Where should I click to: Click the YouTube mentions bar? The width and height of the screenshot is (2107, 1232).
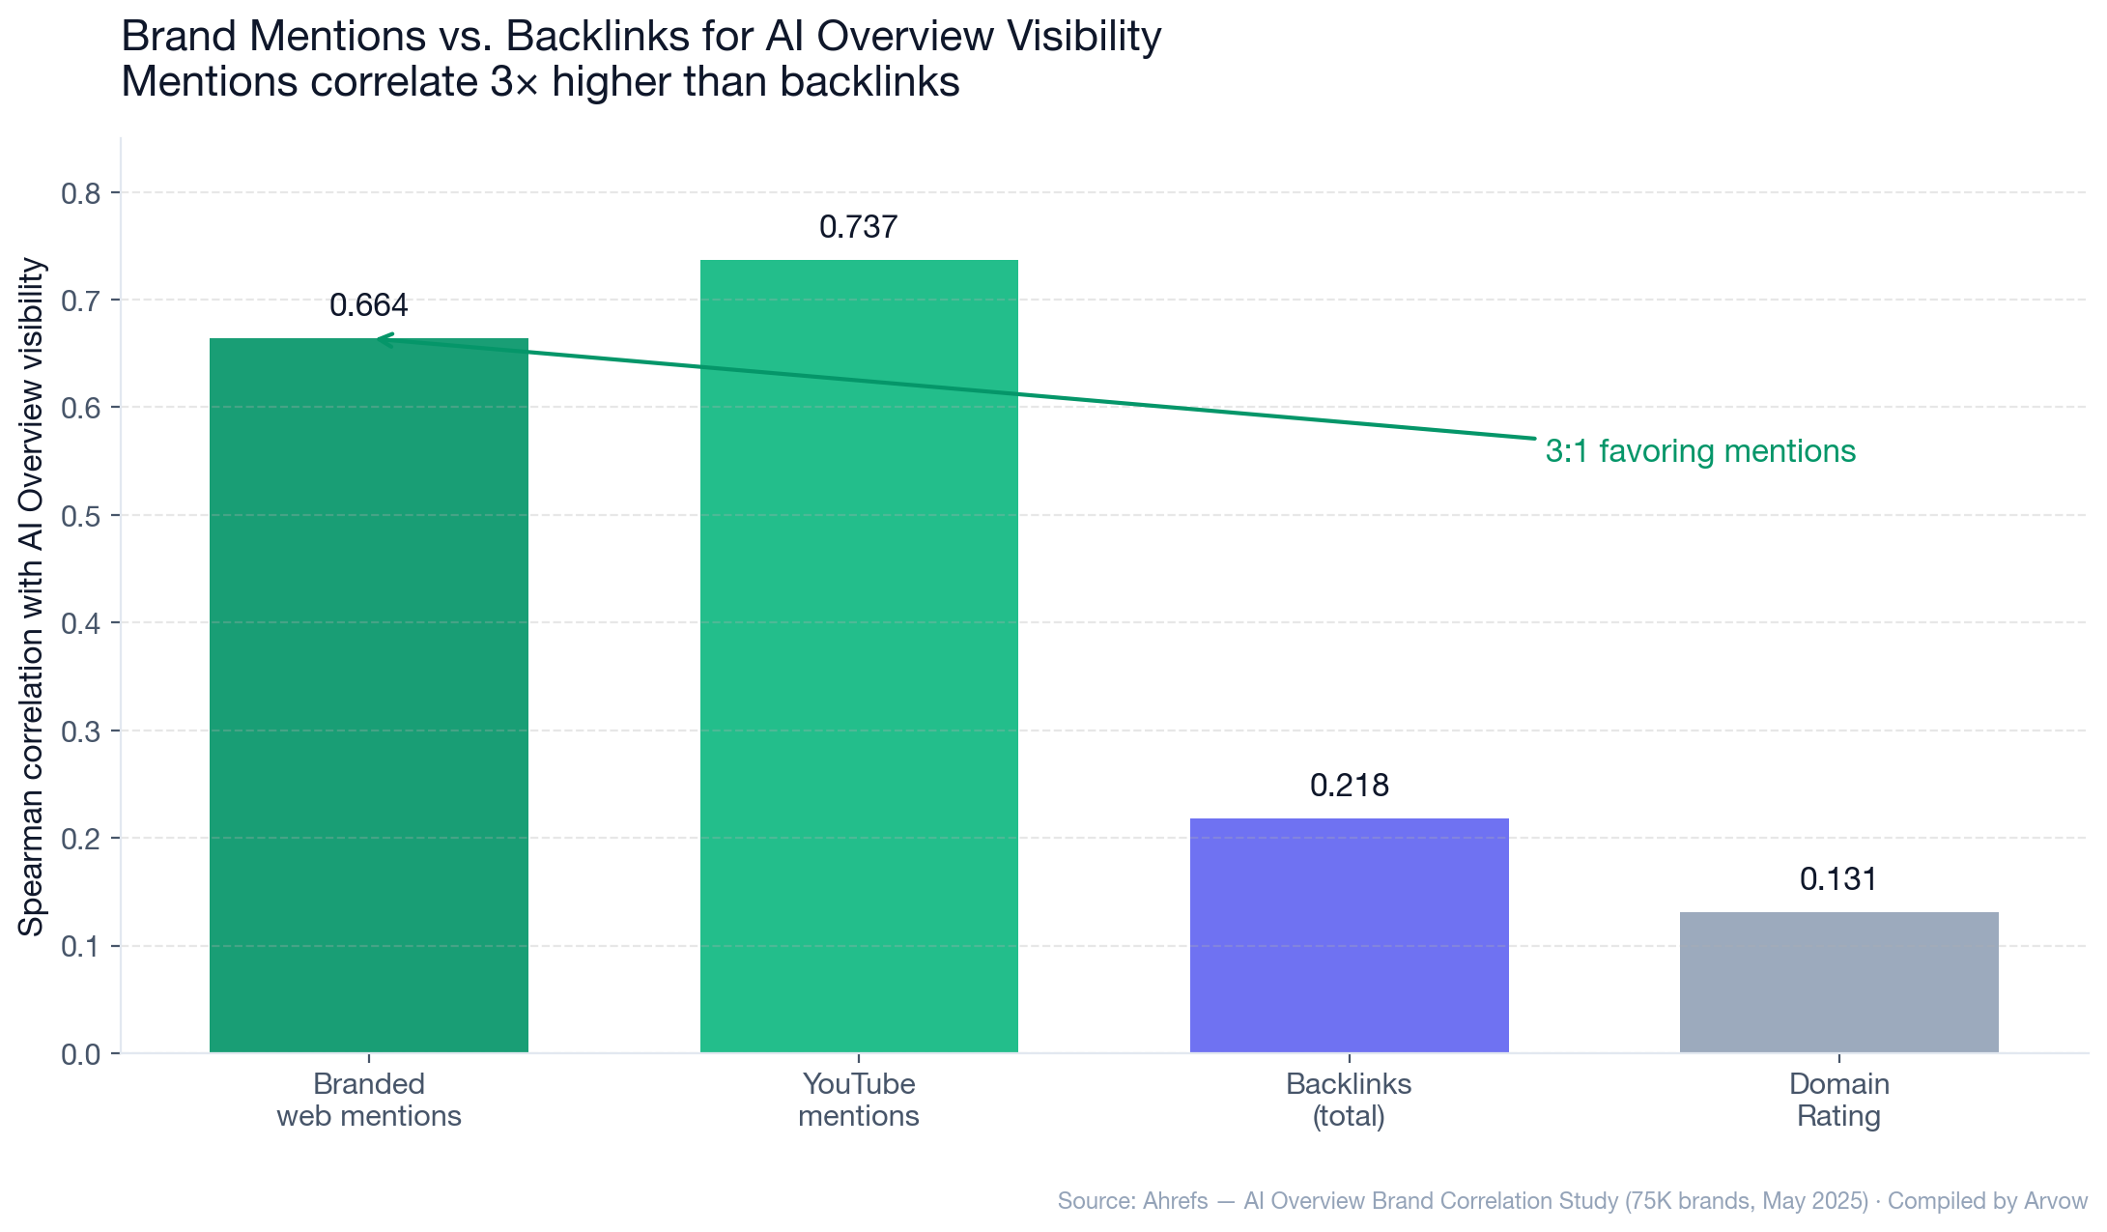859,657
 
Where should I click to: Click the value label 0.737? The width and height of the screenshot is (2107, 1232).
858,227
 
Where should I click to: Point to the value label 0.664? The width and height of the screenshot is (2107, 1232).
368,305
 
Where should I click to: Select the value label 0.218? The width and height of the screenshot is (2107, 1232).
1349,786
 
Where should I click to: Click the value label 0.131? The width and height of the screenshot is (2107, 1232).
1838,879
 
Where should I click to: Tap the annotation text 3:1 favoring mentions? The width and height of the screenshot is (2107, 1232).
1700,451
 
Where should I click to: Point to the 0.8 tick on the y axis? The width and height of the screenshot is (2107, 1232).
81,194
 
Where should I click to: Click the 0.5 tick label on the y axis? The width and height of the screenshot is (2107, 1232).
81,516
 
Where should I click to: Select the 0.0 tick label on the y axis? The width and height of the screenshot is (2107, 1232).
81,1054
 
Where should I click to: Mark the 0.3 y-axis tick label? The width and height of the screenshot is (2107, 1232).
81,731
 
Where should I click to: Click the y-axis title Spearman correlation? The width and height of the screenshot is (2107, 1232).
32,596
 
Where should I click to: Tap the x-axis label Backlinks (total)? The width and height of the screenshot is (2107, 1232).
1349,1100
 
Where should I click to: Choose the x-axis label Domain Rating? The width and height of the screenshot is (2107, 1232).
1838,1100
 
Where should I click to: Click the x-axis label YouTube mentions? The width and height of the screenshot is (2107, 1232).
858,1100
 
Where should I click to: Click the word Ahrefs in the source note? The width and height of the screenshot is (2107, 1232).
1175,1201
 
